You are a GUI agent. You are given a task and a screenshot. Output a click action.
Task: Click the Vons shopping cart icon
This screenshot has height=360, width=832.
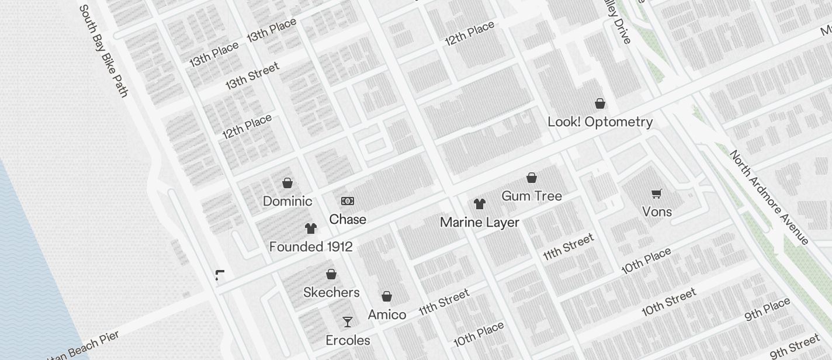pos(657,193)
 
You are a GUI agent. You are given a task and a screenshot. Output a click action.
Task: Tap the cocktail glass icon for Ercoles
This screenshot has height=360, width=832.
pos(348,321)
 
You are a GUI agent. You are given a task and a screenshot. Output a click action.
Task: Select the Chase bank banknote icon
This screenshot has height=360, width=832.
pos(348,201)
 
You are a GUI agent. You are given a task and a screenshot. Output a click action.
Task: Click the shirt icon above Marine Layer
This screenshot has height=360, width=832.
pos(480,204)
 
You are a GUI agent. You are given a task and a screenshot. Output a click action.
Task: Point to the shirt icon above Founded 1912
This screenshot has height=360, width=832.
pos(311,228)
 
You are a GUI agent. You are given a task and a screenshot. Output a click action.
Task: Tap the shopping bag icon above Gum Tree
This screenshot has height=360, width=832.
pos(532,177)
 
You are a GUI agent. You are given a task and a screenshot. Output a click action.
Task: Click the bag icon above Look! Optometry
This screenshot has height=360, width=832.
pos(599,103)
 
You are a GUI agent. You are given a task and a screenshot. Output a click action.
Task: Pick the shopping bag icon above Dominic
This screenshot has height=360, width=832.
pos(287,183)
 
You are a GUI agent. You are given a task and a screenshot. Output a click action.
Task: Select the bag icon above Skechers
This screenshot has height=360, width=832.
pos(331,274)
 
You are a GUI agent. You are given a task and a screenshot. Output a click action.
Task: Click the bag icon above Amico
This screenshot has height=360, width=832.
pos(387,296)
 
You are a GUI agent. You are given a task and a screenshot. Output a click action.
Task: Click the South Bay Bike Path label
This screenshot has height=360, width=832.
pos(103,51)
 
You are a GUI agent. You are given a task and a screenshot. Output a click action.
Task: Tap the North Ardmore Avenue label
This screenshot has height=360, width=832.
pos(769,198)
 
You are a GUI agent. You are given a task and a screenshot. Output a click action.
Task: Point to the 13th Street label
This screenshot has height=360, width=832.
pos(252,75)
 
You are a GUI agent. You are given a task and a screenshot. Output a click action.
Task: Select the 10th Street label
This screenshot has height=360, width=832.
pos(669,302)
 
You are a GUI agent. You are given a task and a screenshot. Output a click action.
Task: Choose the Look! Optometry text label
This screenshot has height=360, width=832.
pos(600,122)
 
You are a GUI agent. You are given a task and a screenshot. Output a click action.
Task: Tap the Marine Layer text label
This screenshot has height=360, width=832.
pos(480,223)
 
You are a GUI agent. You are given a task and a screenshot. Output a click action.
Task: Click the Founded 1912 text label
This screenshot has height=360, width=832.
pos(311,247)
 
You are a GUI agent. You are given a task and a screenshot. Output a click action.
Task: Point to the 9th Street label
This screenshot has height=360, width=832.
pos(795,347)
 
